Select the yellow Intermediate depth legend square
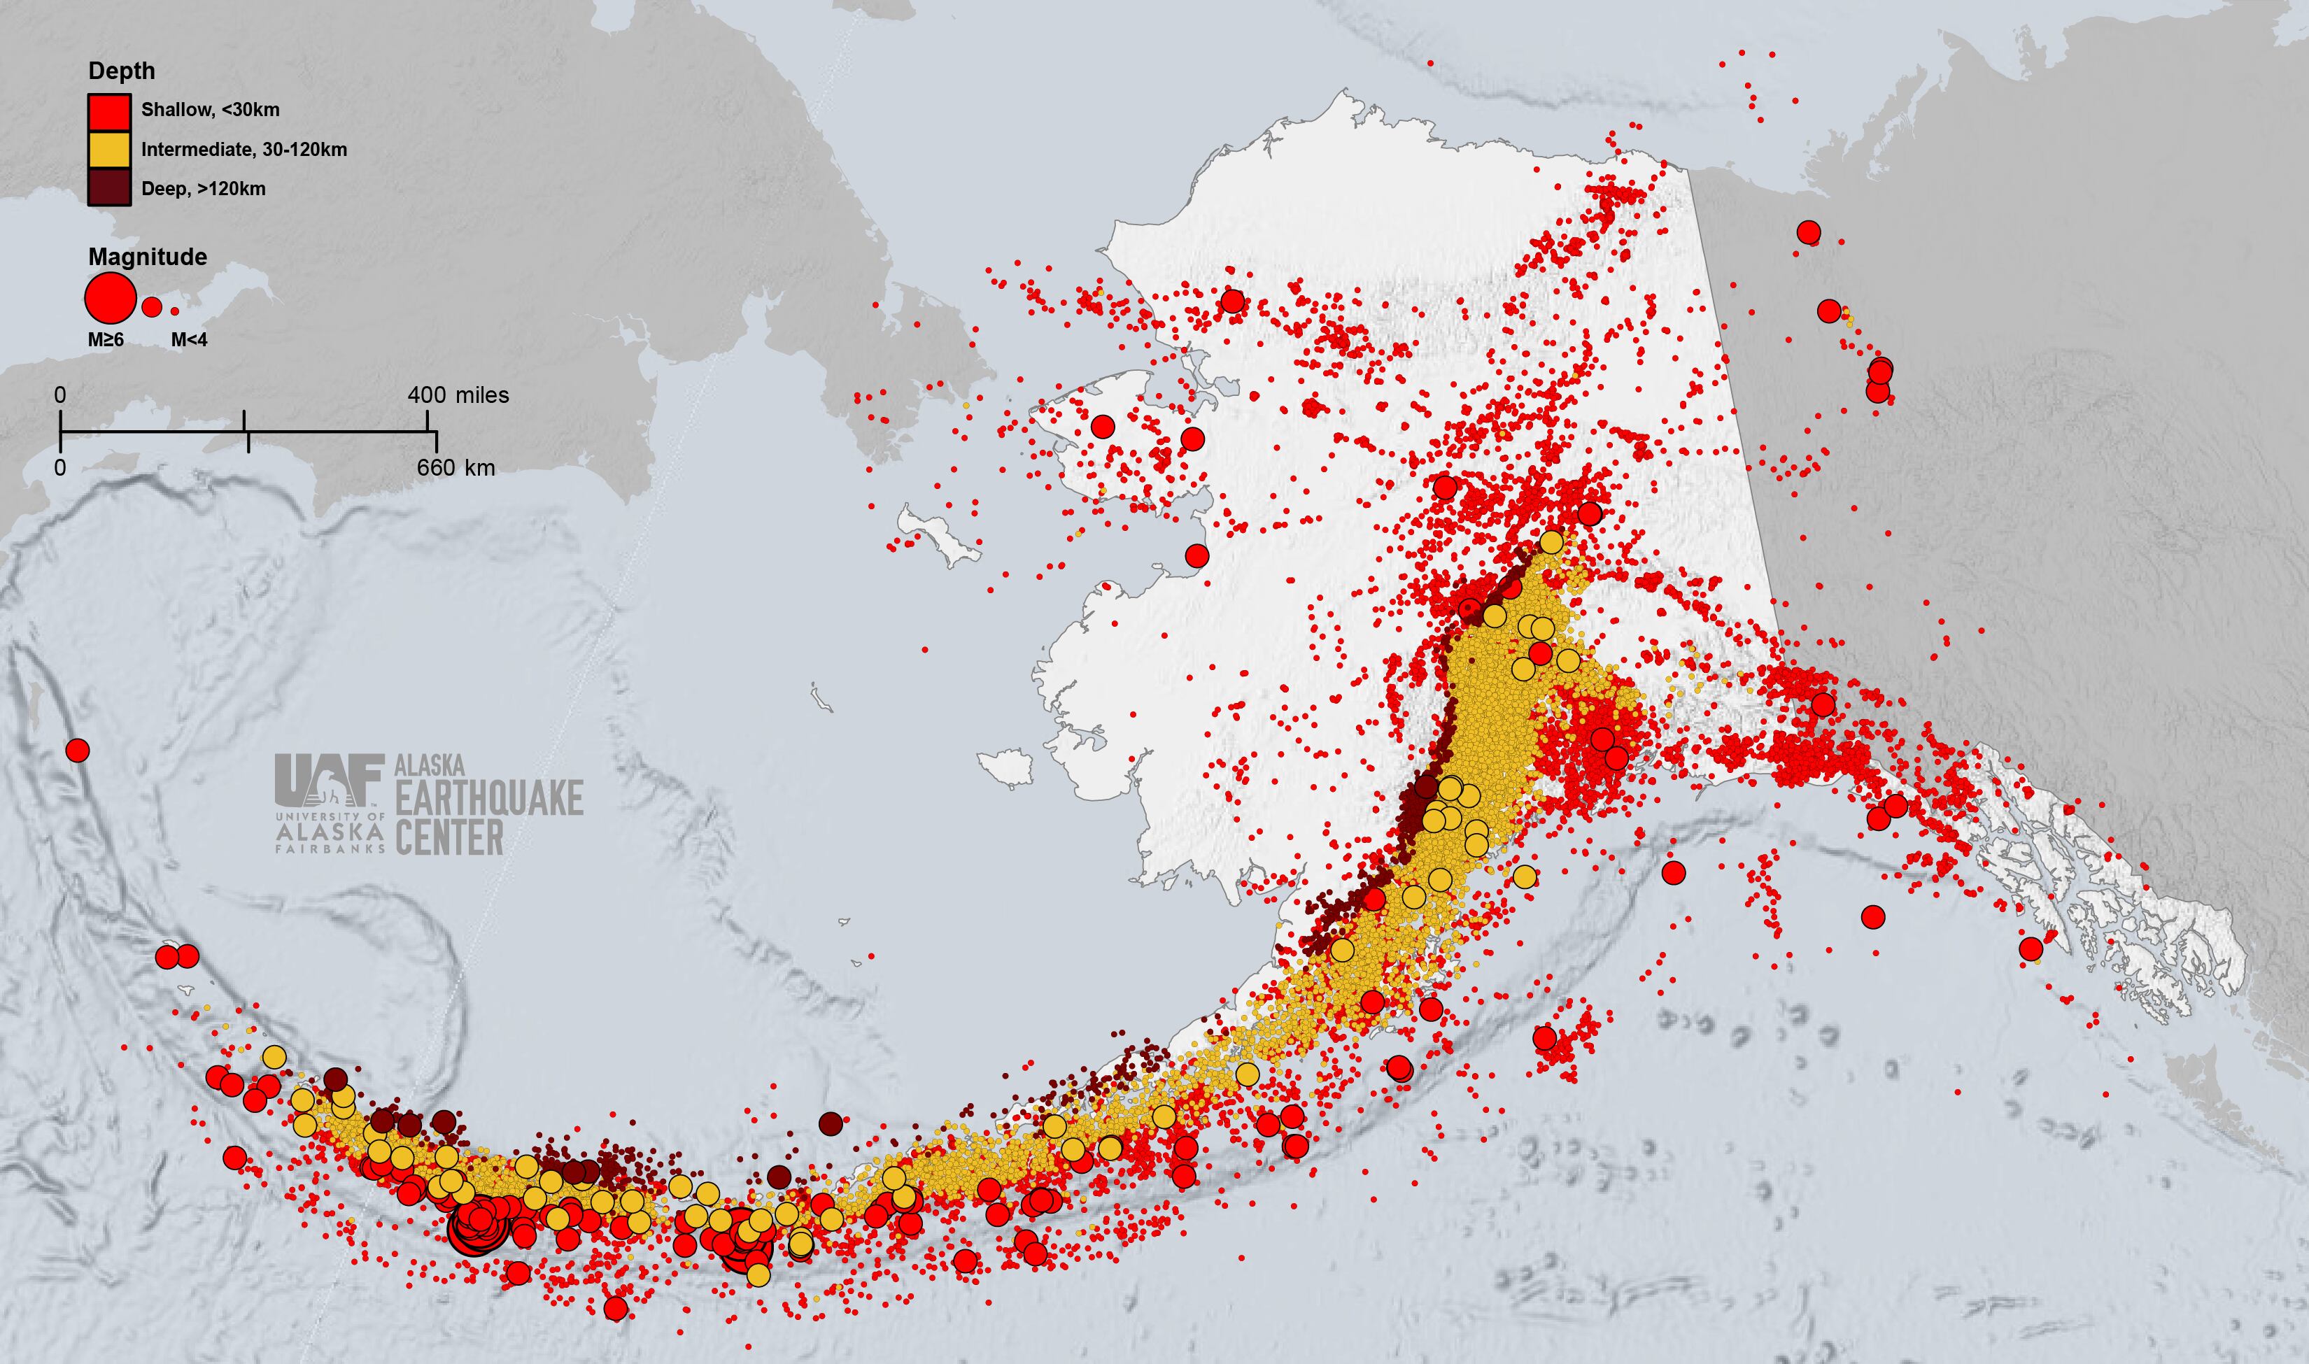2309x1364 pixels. [x=108, y=150]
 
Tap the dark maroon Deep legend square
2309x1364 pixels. [x=108, y=188]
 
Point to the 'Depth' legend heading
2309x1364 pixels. [x=121, y=71]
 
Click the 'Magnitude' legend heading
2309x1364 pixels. [x=147, y=257]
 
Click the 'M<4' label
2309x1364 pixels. [x=190, y=340]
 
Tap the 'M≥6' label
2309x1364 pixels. [x=106, y=340]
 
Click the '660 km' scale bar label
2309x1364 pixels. [x=456, y=468]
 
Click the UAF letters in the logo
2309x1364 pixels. [x=328, y=779]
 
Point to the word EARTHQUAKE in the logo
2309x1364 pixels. [x=489, y=798]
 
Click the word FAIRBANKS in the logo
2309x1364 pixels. [x=329, y=849]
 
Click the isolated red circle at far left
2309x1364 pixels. [x=78, y=750]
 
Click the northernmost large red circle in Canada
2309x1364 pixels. [x=1809, y=232]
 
